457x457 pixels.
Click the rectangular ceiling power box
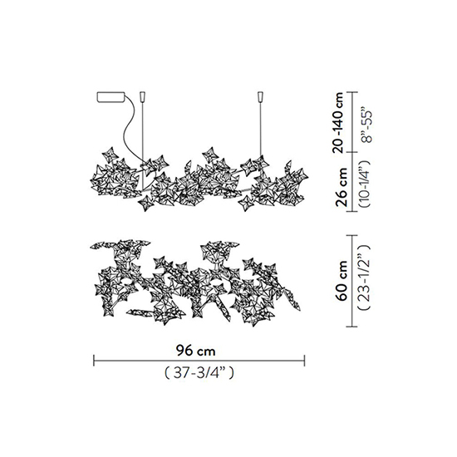pyautogui.click(x=111, y=97)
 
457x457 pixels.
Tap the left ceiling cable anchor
pyautogui.click(x=143, y=96)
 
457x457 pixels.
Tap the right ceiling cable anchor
pyautogui.click(x=261, y=96)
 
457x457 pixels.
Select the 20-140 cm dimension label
pyautogui.click(x=340, y=122)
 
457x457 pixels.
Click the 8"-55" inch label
pyautogui.click(x=366, y=126)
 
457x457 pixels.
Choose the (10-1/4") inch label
pyautogui.click(x=365, y=184)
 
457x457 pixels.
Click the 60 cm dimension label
pyautogui.click(x=341, y=281)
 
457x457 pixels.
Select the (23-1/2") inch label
pyautogui.click(x=365, y=277)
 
